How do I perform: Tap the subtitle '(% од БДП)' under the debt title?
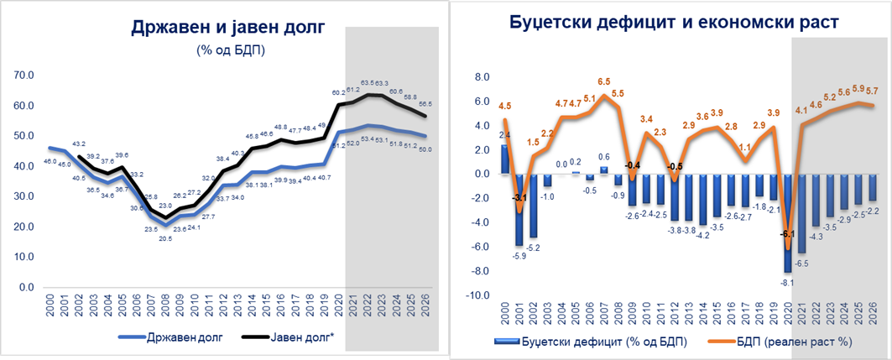[226, 50]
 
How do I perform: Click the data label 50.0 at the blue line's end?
[425, 149]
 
